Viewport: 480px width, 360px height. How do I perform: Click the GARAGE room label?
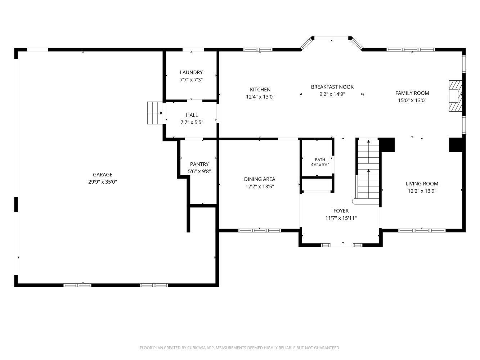103,175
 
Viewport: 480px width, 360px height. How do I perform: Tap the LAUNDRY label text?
191,72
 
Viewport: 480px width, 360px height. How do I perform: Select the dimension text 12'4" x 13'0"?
260,97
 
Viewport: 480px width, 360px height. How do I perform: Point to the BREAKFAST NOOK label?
332,87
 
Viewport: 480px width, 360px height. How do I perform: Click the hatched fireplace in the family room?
456,96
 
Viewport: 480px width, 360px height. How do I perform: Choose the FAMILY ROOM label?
412,93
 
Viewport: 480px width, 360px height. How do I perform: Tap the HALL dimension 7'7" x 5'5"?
192,122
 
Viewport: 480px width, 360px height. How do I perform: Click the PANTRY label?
199,164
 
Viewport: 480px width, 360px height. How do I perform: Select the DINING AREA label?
260,179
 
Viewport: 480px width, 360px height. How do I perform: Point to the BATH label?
320,160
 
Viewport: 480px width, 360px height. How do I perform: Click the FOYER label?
341,211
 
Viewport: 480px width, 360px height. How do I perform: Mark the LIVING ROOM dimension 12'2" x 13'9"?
422,191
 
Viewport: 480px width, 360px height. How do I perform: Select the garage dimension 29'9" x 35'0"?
103,182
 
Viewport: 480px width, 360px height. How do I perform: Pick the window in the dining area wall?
259,230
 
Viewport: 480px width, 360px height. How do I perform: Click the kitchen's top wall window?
258,50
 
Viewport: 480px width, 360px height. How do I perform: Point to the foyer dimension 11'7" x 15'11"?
341,218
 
